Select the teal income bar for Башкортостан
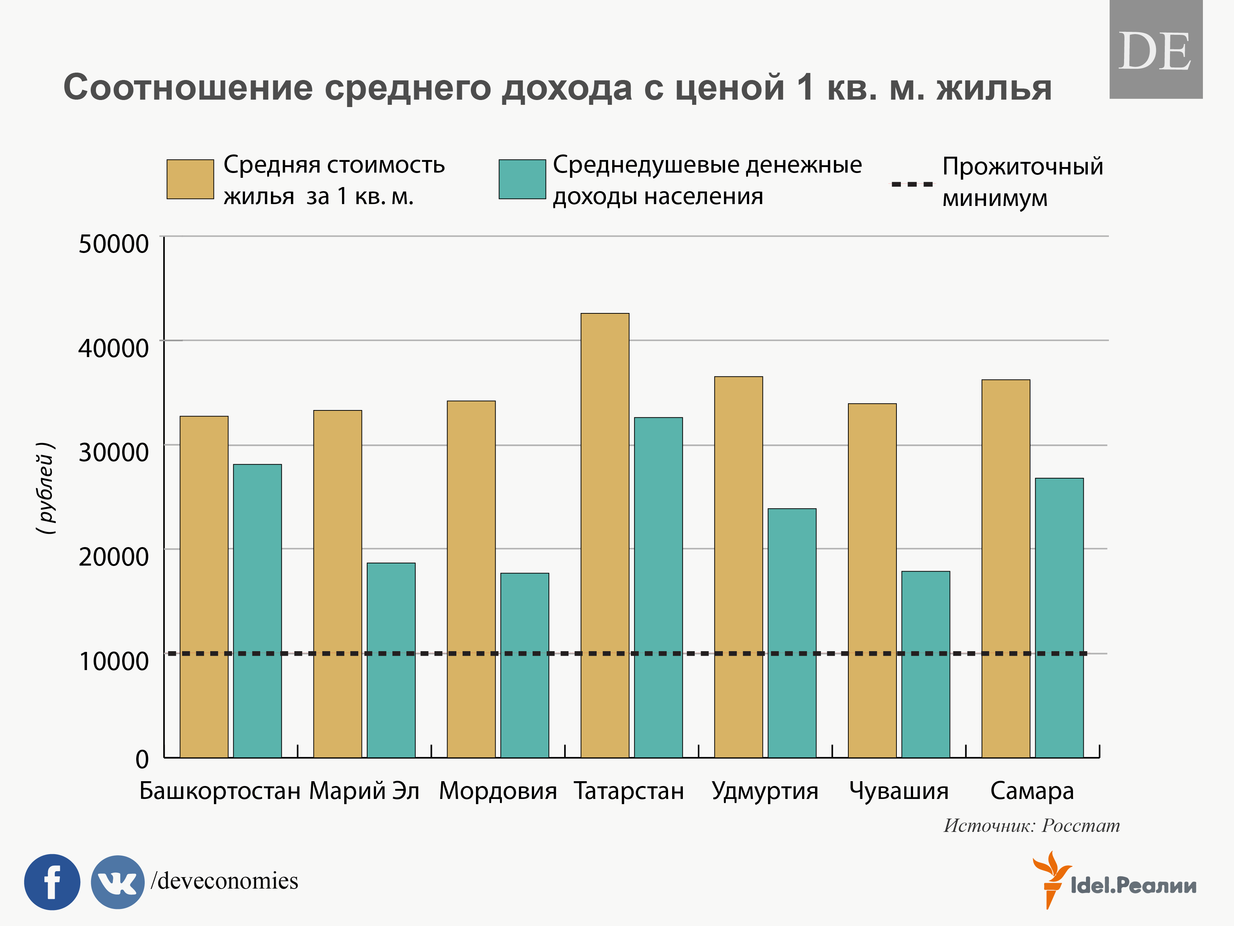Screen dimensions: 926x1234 click(x=257, y=611)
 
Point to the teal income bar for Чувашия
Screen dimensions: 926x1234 click(x=925, y=664)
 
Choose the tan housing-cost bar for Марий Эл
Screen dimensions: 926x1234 click(x=338, y=584)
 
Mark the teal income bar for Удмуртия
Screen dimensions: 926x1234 click(x=792, y=633)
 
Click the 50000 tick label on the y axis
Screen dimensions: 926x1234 click(x=113, y=244)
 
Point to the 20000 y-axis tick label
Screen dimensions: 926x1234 click(x=113, y=556)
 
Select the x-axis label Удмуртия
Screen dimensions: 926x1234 click(x=765, y=791)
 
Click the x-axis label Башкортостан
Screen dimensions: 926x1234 click(x=220, y=791)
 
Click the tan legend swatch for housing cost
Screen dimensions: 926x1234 click(x=190, y=179)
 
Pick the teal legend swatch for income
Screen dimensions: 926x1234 click(x=522, y=179)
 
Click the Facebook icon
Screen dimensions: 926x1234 click(x=52, y=882)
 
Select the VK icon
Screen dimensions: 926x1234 click(x=117, y=882)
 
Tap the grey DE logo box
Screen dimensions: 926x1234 click(x=1155, y=50)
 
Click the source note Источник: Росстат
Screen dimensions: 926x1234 click(x=1031, y=826)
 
